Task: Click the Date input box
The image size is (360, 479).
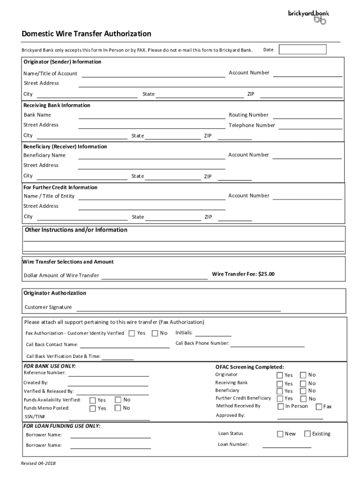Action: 299,50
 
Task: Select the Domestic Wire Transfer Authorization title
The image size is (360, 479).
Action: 86,34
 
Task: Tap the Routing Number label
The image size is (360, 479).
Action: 248,115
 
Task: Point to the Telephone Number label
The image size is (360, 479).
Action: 252,125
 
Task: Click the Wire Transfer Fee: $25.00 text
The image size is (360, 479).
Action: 243,274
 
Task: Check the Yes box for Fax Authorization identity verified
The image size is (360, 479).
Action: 132,333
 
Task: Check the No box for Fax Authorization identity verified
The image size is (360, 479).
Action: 155,333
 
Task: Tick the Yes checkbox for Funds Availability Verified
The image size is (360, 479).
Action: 93,400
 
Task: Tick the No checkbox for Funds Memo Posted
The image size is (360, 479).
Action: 118,408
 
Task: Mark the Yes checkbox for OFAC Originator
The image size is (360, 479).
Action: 280,375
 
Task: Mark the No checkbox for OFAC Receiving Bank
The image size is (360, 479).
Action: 303,383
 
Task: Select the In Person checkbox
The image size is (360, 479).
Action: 281,406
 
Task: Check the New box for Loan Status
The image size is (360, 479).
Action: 281,434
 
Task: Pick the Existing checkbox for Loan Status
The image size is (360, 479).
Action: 307,434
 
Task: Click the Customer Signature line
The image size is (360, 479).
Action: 178,310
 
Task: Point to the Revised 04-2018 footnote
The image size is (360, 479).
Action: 38,463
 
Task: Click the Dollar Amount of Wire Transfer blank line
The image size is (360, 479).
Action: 154,278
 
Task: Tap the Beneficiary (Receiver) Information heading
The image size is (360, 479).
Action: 65,147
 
